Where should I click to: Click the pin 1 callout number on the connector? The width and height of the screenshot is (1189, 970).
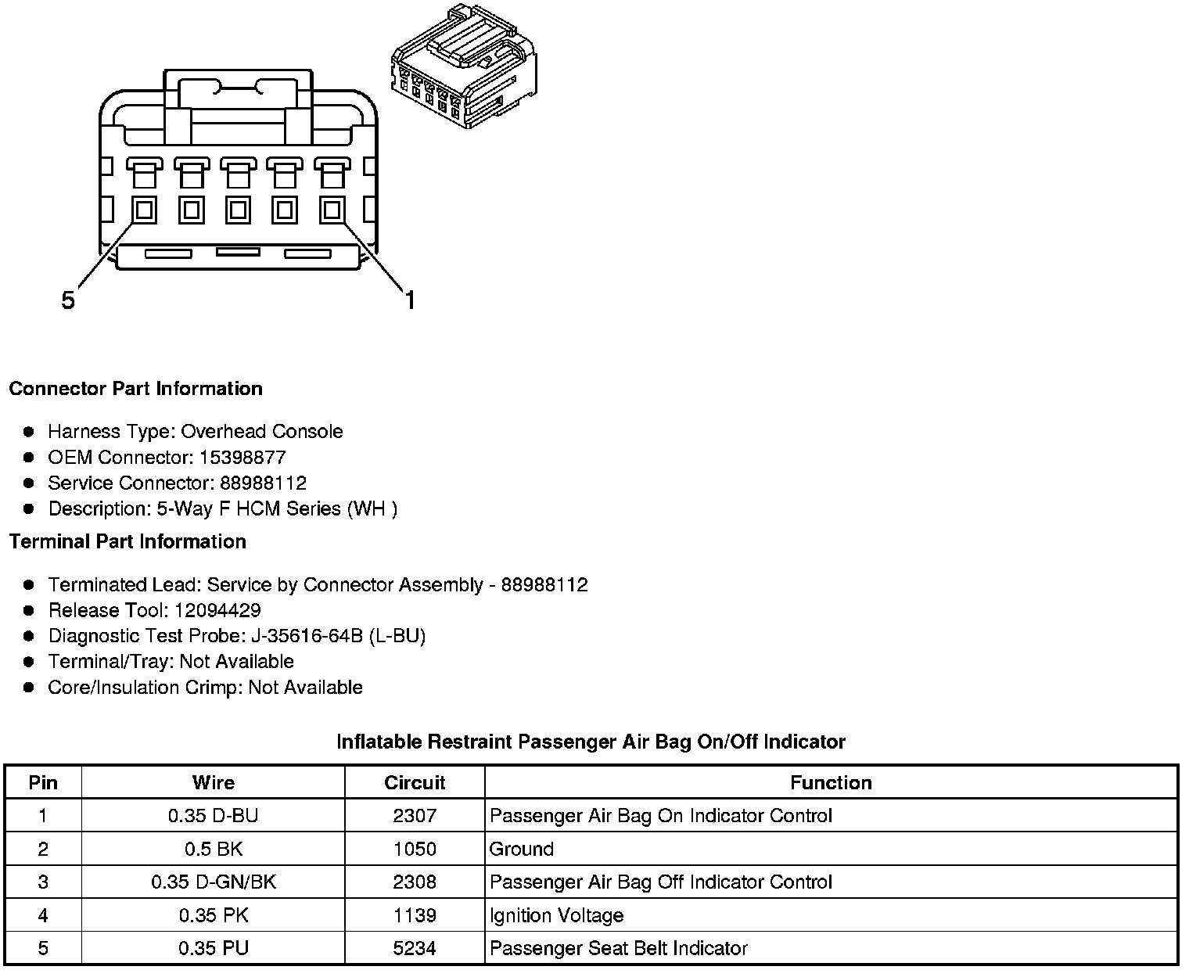point(409,300)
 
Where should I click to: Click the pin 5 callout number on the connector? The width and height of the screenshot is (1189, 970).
point(69,300)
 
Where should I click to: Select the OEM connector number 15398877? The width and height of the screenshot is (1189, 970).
point(242,458)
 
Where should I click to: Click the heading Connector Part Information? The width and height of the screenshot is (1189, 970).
point(135,389)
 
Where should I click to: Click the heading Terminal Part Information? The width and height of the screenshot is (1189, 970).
point(128,541)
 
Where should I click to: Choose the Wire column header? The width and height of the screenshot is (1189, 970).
point(213,782)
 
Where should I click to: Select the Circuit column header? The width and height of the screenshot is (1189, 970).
point(415,782)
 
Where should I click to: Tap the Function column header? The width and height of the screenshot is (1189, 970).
point(831,782)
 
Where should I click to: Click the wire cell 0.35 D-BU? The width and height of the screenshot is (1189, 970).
point(213,816)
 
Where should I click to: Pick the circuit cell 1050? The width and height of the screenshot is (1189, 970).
point(415,849)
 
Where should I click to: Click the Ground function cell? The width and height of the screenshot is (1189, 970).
point(522,849)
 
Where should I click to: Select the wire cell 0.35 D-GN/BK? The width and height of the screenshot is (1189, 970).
point(213,882)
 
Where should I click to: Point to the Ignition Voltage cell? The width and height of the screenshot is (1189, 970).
point(556,915)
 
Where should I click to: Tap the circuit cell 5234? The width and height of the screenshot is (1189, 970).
point(415,948)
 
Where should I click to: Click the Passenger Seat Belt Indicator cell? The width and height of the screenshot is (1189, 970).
point(618,948)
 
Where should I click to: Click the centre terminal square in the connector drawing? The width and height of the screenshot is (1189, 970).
point(239,210)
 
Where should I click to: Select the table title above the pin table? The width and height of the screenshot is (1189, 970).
point(591,741)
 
